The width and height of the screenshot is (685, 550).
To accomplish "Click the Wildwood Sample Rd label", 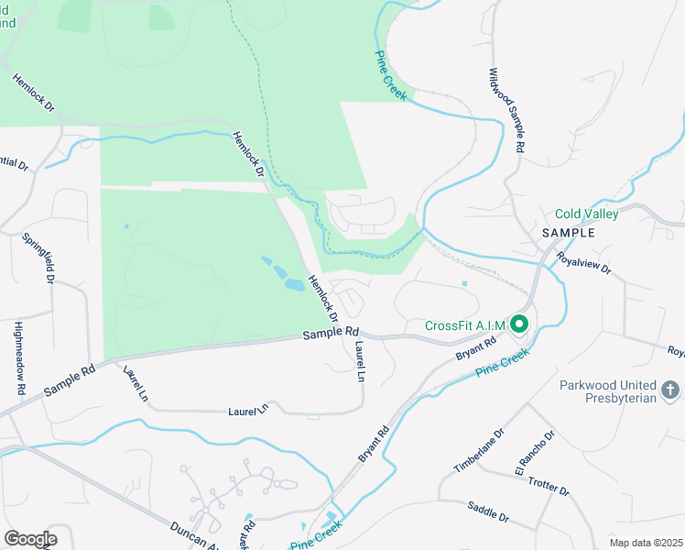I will [506, 111].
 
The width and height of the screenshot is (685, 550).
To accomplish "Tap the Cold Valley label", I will [586, 214].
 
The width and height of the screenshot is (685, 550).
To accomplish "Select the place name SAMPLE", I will [568, 233].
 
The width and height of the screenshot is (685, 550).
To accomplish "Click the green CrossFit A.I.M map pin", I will [519, 324].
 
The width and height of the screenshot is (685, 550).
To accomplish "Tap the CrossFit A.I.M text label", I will [465, 325].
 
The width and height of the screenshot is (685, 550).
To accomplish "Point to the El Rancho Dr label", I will [534, 451].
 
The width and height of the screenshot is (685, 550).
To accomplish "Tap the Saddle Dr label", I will [487, 511].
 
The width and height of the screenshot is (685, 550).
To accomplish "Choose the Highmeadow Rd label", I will [19, 357].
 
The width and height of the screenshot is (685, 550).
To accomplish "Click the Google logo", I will [30, 538].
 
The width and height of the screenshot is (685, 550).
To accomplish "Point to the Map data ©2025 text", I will [646, 543].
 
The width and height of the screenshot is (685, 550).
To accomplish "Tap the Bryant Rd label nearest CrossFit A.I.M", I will [475, 348].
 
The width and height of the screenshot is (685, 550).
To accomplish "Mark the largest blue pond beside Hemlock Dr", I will [294, 285].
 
